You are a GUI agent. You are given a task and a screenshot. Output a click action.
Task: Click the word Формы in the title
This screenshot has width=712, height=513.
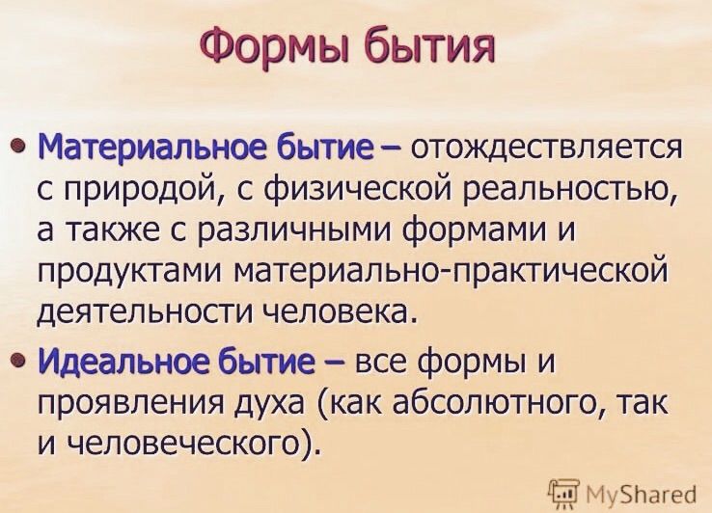275,47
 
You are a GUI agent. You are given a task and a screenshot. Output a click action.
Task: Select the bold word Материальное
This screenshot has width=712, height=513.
154,148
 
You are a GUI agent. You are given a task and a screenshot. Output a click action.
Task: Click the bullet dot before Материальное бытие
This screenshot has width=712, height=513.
16,147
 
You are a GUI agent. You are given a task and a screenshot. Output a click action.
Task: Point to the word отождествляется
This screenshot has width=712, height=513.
546,148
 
